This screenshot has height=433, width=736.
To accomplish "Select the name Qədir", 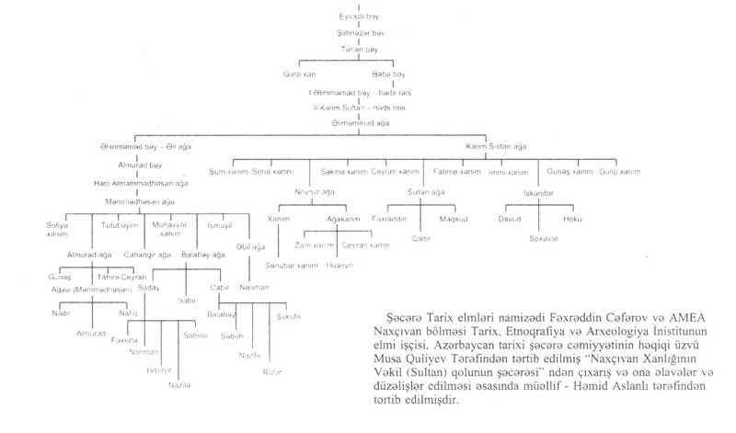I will coord(423,237).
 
